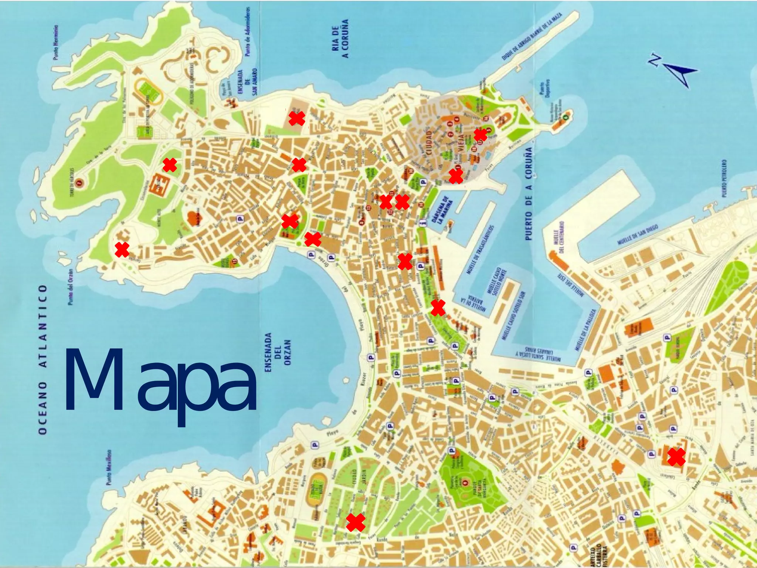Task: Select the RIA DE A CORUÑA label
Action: [x=340, y=39]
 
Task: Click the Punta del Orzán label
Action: [x=71, y=287]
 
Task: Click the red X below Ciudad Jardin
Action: [x=356, y=522]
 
